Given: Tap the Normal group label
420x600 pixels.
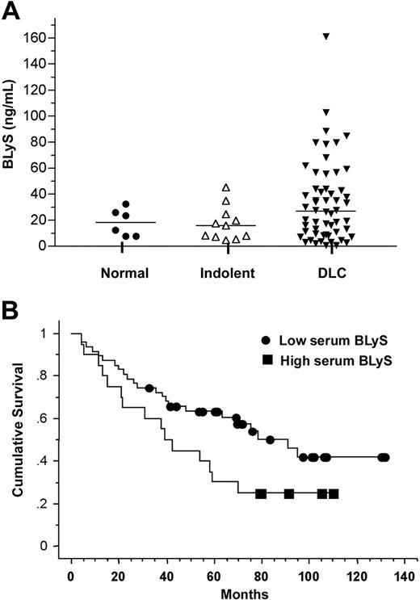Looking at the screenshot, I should point(124,273).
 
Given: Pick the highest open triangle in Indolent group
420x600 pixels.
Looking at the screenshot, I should point(226,187).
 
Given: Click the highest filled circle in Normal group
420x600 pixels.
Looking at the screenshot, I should point(125,204).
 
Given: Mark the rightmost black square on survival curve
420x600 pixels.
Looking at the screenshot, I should point(334,493).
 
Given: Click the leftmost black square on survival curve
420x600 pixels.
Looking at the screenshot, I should point(261,493).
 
